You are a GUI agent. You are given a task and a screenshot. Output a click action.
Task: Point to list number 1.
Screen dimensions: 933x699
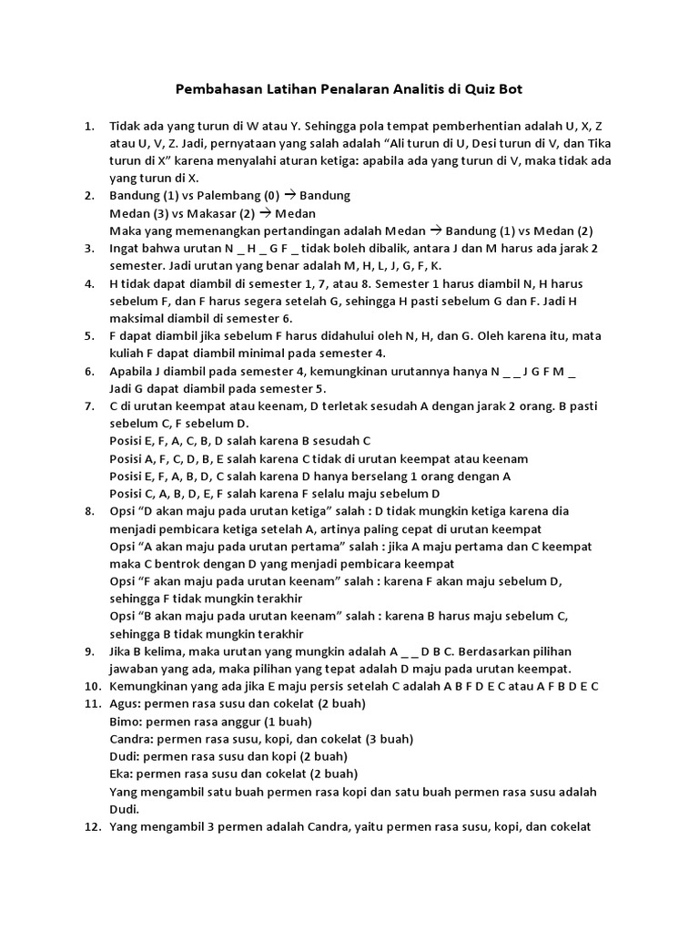[x=88, y=126]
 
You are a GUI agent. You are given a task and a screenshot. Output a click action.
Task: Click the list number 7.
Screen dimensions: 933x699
[x=88, y=405]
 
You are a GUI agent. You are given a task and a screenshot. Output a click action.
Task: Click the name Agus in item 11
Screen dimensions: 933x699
[x=125, y=704]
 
